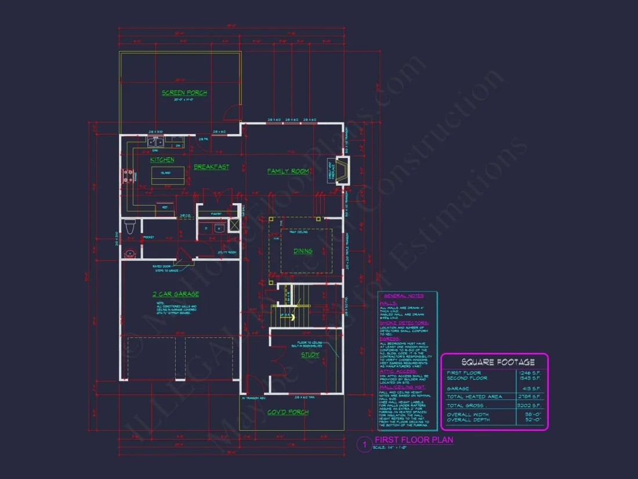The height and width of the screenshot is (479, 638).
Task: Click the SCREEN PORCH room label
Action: tap(184, 92)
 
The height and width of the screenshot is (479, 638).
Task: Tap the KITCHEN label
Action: tap(162, 160)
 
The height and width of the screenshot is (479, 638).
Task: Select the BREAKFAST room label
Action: tap(211, 167)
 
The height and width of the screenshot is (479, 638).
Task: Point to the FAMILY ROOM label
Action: tap(288, 171)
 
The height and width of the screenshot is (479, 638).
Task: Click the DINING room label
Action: tap(303, 251)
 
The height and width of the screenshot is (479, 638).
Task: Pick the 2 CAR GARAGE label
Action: tap(176, 294)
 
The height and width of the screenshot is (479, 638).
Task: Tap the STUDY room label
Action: tap(310, 355)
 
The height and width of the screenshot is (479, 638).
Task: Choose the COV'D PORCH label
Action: tap(288, 412)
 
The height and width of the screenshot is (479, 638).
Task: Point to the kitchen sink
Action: tap(155, 142)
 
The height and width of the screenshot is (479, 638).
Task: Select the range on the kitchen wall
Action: tap(127, 176)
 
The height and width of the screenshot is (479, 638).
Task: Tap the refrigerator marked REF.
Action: tap(165, 207)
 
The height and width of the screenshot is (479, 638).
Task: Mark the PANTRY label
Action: tap(206, 214)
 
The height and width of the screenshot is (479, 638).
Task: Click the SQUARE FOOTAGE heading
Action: tap(494, 362)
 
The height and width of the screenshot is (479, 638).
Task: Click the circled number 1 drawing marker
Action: tap(364, 445)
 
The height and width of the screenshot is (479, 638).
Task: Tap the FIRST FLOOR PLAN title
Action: tap(414, 440)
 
